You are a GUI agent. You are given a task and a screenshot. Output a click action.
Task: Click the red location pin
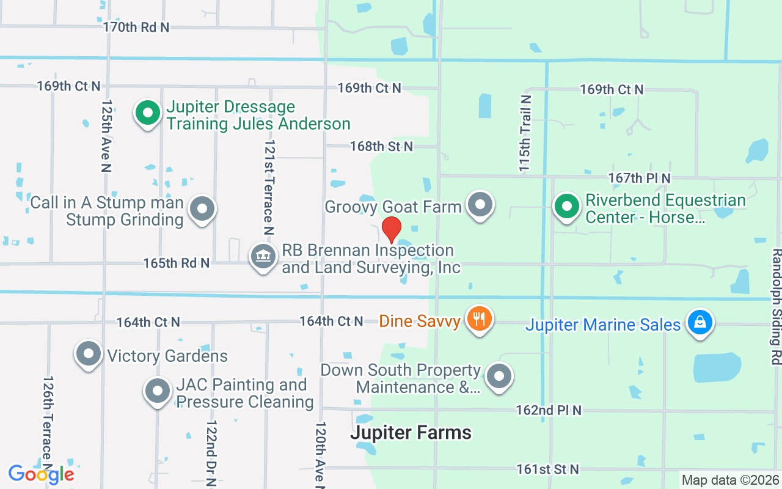click(391, 229)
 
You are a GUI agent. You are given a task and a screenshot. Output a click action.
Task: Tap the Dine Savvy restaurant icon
click(480, 318)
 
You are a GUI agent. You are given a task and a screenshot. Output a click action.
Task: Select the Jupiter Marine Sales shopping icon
click(700, 322)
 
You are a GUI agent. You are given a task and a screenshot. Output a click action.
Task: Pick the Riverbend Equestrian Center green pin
click(567, 205)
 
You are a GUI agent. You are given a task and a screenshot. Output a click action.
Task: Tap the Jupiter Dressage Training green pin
click(147, 113)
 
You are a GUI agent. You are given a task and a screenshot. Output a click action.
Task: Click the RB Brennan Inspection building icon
click(263, 257)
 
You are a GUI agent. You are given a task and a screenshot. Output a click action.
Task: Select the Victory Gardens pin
click(89, 353)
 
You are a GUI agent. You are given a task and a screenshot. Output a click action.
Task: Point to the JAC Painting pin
click(158, 390)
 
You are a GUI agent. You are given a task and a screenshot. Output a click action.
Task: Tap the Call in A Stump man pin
click(202, 208)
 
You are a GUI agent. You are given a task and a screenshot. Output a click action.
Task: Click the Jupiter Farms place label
click(411, 433)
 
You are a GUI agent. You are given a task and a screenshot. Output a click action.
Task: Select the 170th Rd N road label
click(136, 27)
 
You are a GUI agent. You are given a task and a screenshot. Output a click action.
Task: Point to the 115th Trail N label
click(525, 133)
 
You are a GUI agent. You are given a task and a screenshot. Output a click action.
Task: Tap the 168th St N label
click(381, 146)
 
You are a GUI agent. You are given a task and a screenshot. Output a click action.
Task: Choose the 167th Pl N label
click(639, 178)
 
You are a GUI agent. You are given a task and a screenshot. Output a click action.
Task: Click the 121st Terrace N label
click(268, 187)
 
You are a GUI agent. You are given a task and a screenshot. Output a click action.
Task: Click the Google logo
click(42, 474)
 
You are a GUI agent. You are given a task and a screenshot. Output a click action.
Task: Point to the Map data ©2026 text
click(730, 480)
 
